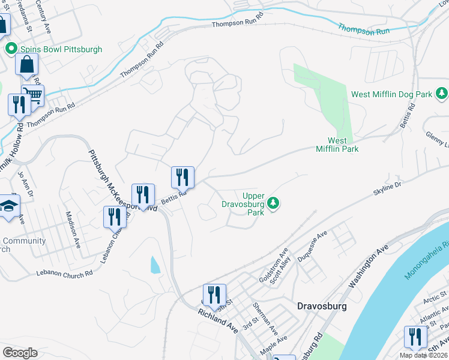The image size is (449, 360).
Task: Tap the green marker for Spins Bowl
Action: point(10,49)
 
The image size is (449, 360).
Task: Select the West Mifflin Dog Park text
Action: point(391,94)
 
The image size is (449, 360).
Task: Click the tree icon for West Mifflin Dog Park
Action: point(442,93)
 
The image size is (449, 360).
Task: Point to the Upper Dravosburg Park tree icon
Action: point(273,203)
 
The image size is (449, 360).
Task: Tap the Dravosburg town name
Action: point(322,305)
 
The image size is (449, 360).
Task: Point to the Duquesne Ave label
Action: point(313,246)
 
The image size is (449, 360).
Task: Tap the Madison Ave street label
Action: point(74,229)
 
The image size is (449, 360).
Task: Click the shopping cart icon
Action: point(32,95)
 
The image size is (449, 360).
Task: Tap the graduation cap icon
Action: point(8,205)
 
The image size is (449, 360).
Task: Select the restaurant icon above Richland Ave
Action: point(214,295)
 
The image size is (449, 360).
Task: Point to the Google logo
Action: point(20,353)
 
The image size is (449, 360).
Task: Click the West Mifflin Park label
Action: point(337,145)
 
